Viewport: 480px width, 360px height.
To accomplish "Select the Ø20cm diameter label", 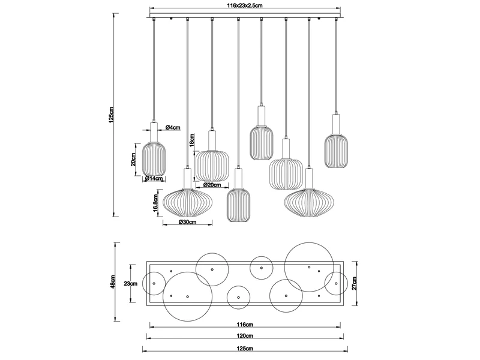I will (212, 185).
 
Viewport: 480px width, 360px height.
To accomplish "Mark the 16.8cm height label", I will (155, 203).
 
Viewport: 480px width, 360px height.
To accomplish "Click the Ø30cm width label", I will (187, 222).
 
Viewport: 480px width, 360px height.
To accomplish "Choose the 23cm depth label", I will (131, 283).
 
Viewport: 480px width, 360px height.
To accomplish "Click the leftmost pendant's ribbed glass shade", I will (154, 156).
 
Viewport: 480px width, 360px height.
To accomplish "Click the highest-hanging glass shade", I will (262, 142).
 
